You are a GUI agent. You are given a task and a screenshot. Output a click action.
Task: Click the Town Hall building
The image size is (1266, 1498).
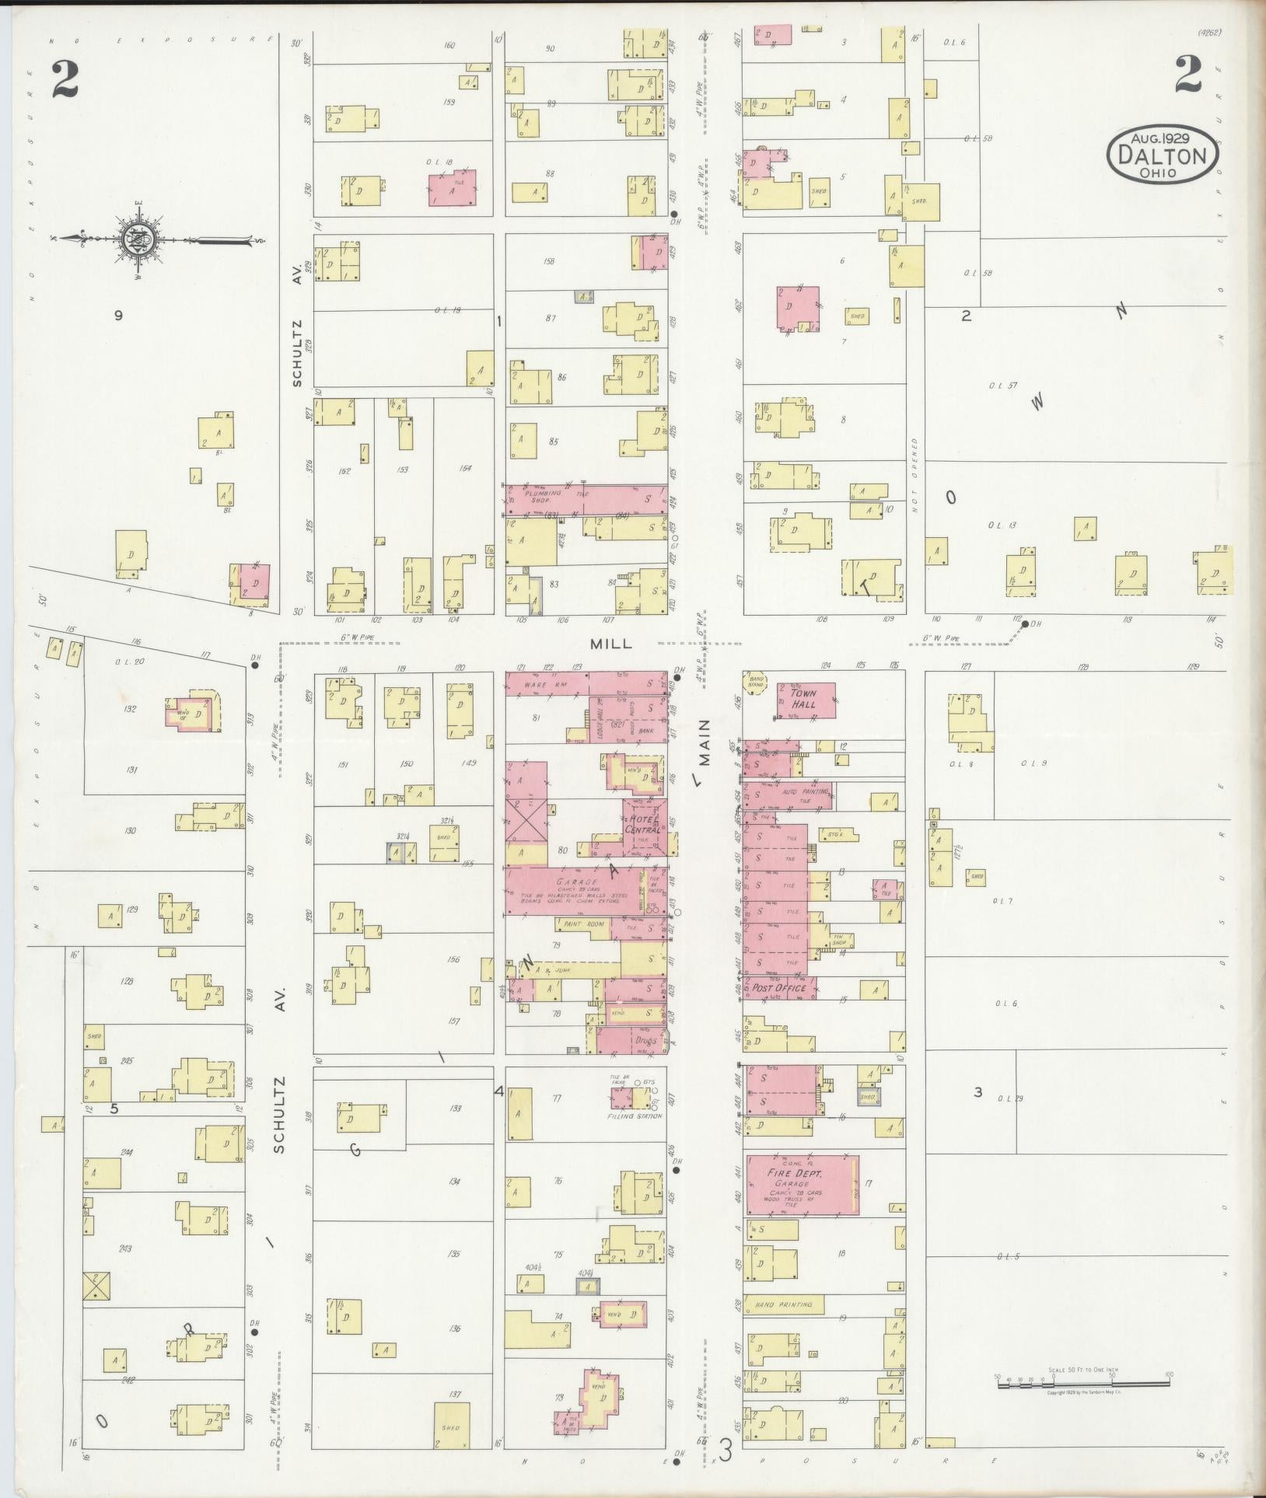coord(806,700)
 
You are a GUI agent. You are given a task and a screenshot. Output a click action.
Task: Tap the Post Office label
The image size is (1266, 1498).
coord(778,988)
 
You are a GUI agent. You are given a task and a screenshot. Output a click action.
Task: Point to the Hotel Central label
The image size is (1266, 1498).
coord(644,824)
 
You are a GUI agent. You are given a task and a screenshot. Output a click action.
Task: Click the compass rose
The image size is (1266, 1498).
coord(141,238)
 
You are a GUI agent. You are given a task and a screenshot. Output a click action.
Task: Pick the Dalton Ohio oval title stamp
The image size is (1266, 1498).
coord(1163,155)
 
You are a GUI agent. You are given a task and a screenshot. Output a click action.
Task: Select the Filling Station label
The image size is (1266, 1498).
coord(635,1116)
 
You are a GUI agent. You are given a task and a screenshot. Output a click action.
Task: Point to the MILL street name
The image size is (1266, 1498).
coord(611,644)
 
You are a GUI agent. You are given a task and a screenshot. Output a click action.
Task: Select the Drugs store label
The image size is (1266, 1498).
coord(645,1040)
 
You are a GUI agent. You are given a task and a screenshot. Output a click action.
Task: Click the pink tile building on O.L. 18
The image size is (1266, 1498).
coord(453,188)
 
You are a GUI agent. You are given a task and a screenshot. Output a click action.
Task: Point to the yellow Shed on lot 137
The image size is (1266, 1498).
coord(451,1425)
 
